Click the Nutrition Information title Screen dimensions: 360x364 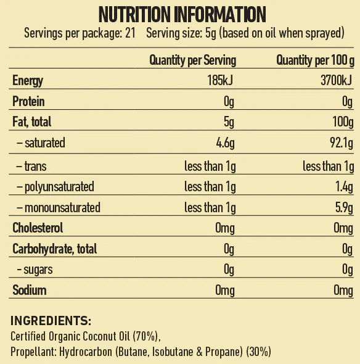point(182,14)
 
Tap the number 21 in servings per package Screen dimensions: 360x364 point(130,33)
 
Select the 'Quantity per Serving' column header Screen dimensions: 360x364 point(192,60)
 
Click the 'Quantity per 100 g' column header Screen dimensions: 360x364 point(315,60)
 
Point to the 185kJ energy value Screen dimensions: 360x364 point(220,80)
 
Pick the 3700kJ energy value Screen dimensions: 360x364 point(337,80)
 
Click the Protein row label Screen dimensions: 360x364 point(28,101)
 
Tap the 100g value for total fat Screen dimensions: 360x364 point(343,122)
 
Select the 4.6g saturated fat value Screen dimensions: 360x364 point(225,143)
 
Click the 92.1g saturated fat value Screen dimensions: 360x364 point(342,143)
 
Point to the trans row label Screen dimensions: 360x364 point(31,166)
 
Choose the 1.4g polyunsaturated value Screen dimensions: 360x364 point(344,187)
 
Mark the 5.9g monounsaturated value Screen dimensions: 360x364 point(344,207)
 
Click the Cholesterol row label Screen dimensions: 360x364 point(38,228)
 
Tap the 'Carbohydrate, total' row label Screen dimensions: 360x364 point(55,249)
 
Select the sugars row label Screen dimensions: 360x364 point(35,270)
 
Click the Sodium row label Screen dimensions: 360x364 point(30,290)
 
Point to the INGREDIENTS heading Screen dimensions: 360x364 point(51,321)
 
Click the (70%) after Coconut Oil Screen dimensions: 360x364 point(145,336)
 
